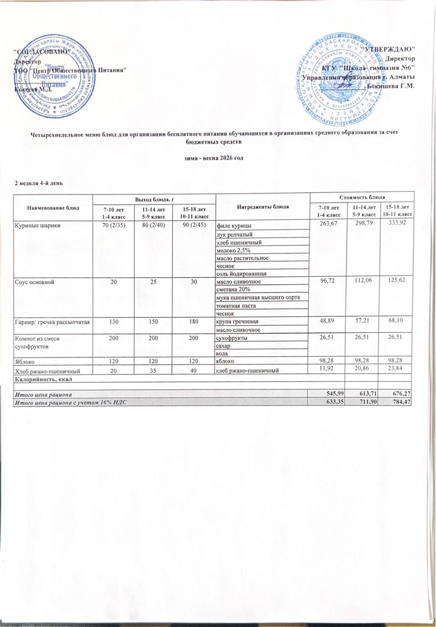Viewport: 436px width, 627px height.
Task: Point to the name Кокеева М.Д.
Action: click(32, 89)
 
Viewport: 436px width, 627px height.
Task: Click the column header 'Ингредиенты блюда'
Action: click(262, 206)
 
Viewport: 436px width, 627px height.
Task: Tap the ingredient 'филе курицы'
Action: click(234, 226)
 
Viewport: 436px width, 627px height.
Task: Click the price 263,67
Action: click(329, 224)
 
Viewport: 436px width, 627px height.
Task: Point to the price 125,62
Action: click(397, 282)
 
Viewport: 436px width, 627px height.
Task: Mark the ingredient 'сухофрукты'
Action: click(233, 338)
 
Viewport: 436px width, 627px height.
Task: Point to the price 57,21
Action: click(363, 321)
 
